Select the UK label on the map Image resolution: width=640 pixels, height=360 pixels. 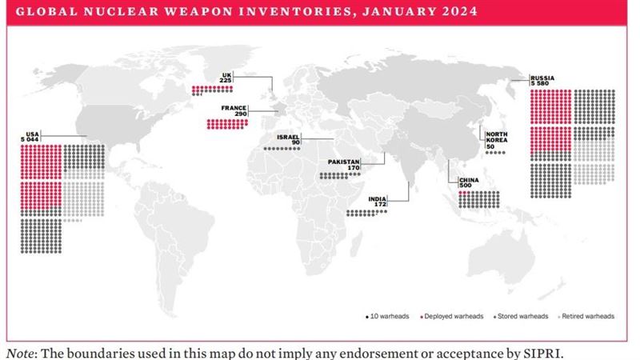pyautogui.click(x=226, y=74)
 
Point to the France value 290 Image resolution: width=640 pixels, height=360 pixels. pyautogui.click(x=239, y=114)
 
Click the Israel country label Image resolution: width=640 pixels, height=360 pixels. pyautogui.click(x=288, y=137)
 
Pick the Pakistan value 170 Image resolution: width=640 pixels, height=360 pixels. pyautogui.click(x=353, y=168)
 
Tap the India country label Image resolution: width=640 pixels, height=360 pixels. pyautogui.click(x=378, y=198)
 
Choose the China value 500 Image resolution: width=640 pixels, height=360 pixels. pyautogui.click(x=466, y=186)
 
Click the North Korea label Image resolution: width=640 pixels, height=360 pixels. pyautogui.click(x=497, y=138)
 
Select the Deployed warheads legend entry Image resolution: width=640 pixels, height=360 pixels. pyautogui.click(x=445, y=316)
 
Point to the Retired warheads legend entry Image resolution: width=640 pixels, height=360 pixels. pyautogui.click(x=590, y=316)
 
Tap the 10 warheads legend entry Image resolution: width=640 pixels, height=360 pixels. pyautogui.click(x=388, y=316)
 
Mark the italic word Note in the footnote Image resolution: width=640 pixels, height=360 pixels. pyautogui.click(x=22, y=351)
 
